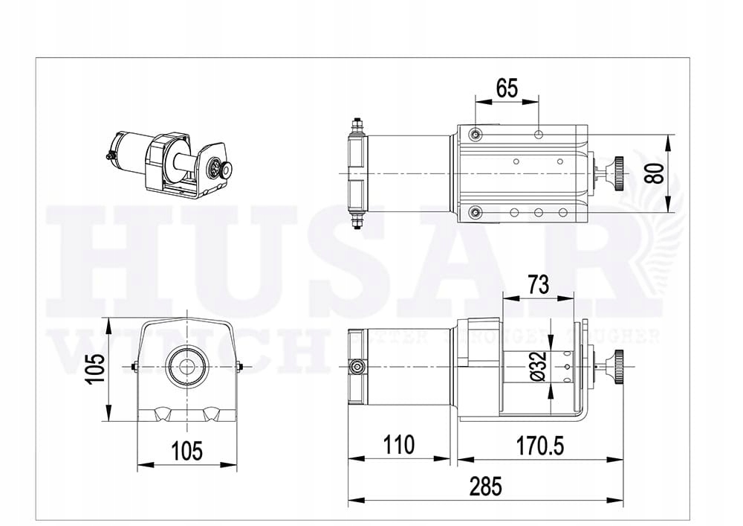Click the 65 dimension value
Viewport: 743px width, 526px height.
pos(507,88)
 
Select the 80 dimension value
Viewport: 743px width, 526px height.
pos(654,173)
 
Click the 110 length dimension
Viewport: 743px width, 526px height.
pos(399,445)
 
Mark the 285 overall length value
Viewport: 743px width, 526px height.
pos(486,487)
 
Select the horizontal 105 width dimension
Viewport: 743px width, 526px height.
pos(186,450)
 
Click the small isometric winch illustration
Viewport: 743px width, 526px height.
pos(171,164)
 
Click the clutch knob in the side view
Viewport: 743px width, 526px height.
pos(617,366)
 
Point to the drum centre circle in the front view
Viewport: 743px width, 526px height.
pos(186,367)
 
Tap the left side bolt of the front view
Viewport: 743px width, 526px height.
pos(134,366)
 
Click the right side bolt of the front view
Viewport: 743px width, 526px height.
pos(240,366)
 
